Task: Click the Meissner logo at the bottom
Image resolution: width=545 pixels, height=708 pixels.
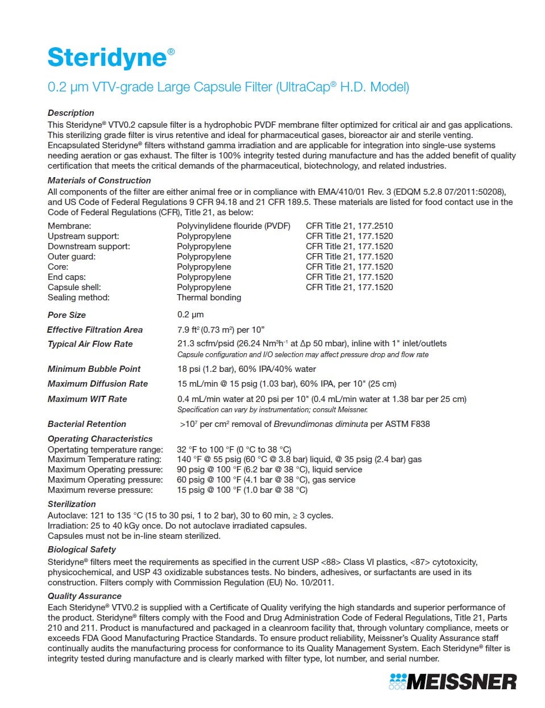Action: click(x=453, y=681)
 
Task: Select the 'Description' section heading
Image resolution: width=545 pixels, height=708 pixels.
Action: click(x=71, y=113)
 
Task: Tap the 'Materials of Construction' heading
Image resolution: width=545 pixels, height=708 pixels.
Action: click(x=99, y=181)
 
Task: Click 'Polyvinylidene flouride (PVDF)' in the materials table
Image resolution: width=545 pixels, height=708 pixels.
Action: click(x=234, y=226)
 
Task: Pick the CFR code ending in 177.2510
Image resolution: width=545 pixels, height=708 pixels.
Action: click(x=350, y=226)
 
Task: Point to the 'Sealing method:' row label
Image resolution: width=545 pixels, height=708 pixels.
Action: click(x=78, y=298)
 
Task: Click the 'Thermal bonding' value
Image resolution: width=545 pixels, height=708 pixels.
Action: click(x=209, y=298)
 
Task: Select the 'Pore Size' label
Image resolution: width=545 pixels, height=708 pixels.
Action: click(x=67, y=315)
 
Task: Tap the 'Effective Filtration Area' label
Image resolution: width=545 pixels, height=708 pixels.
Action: click(x=95, y=330)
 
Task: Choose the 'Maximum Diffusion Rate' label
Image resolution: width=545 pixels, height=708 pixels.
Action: click(x=98, y=384)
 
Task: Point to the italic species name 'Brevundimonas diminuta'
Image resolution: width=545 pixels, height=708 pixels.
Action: click(x=321, y=424)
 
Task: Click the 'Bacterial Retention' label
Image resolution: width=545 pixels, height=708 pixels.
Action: click(x=87, y=424)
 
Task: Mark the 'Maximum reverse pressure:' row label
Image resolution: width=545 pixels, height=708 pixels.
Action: click(x=100, y=490)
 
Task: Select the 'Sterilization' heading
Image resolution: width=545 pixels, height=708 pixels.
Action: click(x=72, y=504)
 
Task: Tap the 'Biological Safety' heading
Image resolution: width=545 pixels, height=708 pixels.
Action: click(x=82, y=550)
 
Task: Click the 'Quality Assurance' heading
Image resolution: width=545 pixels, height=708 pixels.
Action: click(x=85, y=596)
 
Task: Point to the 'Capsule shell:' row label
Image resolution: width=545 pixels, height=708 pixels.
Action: click(x=74, y=287)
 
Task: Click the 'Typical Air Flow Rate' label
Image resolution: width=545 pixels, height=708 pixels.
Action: click(x=90, y=344)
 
